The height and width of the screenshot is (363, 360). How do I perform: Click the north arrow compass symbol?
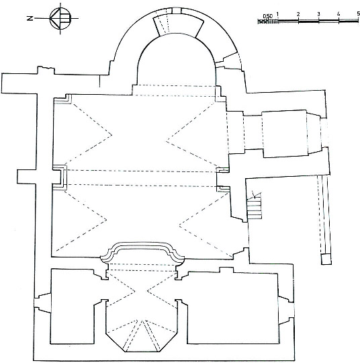(x=60, y=18)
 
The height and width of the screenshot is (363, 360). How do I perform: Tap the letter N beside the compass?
(x=30, y=18)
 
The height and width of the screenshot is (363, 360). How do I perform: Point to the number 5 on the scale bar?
(x=358, y=14)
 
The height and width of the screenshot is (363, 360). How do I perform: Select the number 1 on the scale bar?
(x=277, y=14)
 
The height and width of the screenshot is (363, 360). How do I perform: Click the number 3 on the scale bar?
(x=318, y=14)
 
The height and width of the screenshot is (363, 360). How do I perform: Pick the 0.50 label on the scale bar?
(x=268, y=16)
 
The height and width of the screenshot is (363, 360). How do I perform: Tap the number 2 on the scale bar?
(x=298, y=14)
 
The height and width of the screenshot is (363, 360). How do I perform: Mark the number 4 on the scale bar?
(x=339, y=14)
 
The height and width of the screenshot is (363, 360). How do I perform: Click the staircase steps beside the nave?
(x=255, y=207)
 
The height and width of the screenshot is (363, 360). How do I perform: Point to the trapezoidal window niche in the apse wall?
(x=178, y=24)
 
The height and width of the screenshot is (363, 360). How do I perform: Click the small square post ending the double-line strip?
(x=326, y=259)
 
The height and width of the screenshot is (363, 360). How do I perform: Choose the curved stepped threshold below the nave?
(x=142, y=252)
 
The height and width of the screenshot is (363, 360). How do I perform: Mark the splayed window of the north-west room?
(x=42, y=302)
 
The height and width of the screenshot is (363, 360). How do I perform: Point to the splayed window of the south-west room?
(x=286, y=310)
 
